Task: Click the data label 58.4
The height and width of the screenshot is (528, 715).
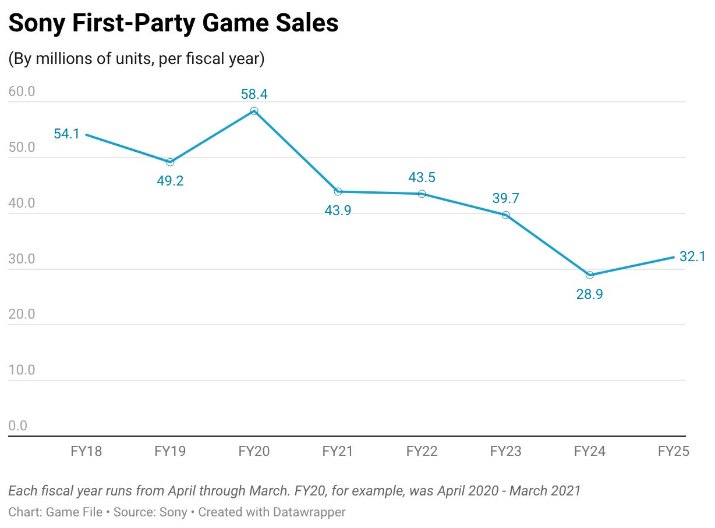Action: tap(254, 94)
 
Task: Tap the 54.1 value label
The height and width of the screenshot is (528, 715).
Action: tap(66, 134)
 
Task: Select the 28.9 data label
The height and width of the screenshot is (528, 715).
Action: tap(589, 294)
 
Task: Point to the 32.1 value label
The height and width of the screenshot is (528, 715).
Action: tap(692, 256)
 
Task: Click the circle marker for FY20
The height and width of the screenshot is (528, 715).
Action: tap(254, 111)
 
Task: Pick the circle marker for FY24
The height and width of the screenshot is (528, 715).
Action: tap(590, 275)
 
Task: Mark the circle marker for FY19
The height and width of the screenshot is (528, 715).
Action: tap(170, 162)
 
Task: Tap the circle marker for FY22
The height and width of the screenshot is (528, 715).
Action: tap(422, 194)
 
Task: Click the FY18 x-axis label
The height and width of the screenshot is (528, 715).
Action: tap(86, 451)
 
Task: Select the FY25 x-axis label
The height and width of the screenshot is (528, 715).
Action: tap(674, 451)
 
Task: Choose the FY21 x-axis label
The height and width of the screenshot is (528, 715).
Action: tap(338, 451)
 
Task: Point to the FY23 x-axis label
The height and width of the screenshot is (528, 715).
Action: tap(505, 451)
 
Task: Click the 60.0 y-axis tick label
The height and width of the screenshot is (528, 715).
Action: tap(22, 91)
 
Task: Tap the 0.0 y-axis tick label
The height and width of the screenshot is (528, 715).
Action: tap(17, 426)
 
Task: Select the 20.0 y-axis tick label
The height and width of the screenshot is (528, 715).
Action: tap(22, 314)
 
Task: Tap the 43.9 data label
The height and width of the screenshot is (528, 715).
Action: tap(338, 211)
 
